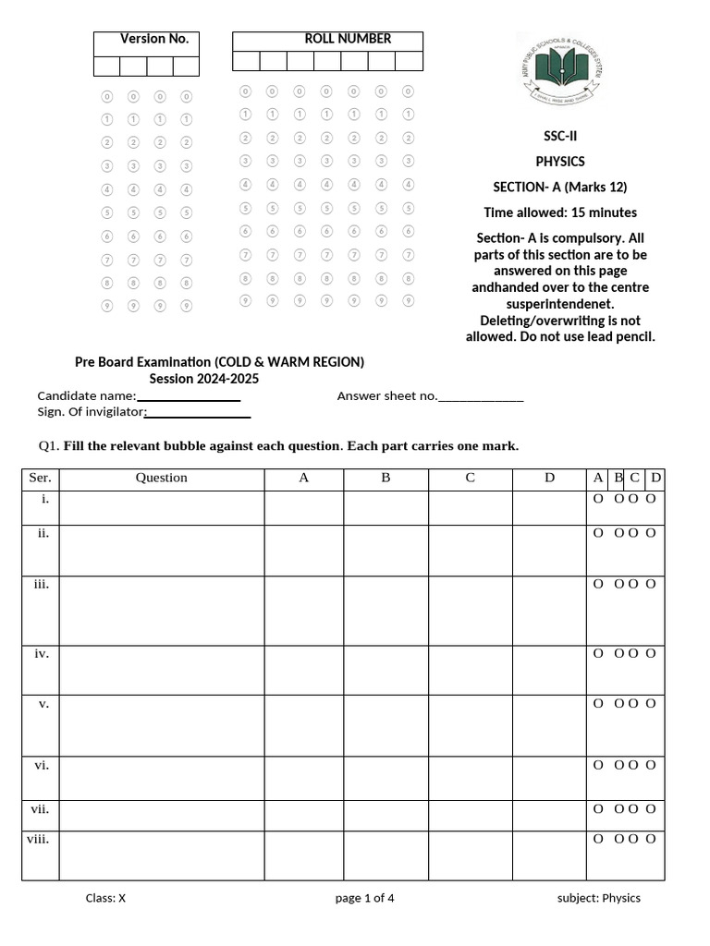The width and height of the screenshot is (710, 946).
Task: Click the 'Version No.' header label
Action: [x=153, y=39]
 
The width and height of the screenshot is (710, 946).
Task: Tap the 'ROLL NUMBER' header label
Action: [x=348, y=39]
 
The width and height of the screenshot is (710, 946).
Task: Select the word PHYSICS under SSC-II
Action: [x=559, y=162]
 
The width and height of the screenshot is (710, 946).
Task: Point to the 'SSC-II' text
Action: [x=559, y=136]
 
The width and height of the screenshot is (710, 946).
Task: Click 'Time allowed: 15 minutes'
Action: [x=559, y=212]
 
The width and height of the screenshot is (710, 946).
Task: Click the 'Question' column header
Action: [x=162, y=478]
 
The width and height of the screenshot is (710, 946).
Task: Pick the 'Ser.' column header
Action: [x=40, y=478]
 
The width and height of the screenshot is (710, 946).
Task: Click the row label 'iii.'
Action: [x=42, y=584]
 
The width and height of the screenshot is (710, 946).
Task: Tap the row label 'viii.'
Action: [x=39, y=839]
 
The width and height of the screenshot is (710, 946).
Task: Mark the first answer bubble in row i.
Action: [x=597, y=499]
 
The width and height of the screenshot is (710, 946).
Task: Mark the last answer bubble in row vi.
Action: [x=651, y=765]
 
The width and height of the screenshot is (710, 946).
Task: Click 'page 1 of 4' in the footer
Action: [x=365, y=898]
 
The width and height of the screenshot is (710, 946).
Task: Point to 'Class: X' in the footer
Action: [x=105, y=898]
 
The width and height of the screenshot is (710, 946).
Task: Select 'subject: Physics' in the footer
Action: [x=598, y=898]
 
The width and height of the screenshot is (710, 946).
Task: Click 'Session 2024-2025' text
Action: [x=204, y=379]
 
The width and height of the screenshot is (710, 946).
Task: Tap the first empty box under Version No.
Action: [x=106, y=66]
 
